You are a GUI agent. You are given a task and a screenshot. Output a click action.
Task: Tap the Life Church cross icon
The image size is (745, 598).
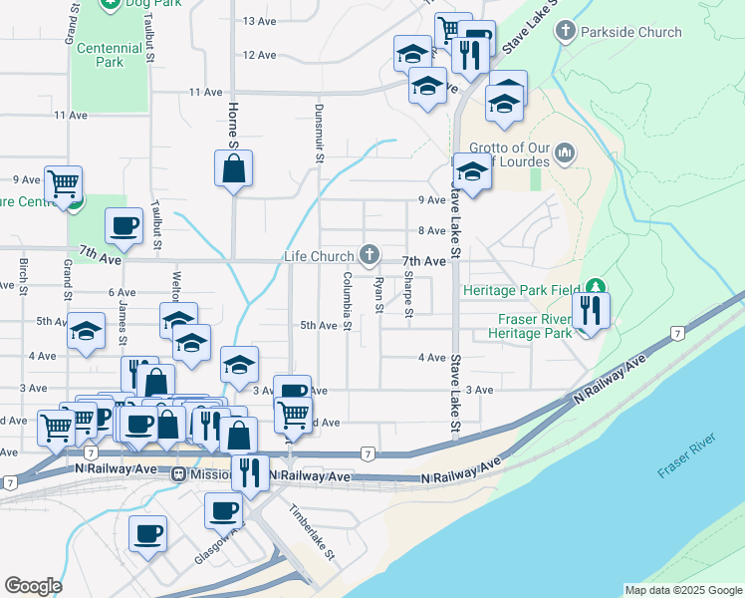click(370, 256)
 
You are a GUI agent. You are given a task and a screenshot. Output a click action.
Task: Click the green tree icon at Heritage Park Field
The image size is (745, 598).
click(596, 289)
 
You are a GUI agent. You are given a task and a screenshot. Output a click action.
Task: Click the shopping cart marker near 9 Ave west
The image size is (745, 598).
click(64, 183)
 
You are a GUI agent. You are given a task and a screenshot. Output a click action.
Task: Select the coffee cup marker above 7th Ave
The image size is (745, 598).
click(124, 226)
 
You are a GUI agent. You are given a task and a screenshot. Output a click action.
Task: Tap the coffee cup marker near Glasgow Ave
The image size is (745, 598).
click(148, 533)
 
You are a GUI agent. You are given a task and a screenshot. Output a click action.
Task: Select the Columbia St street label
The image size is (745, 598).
click(348, 300)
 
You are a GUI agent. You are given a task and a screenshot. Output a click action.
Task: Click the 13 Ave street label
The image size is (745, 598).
click(259, 21)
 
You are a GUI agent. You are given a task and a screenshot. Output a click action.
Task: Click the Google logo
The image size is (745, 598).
click(33, 586)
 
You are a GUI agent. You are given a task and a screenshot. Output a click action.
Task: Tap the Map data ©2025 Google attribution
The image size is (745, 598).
click(682, 590)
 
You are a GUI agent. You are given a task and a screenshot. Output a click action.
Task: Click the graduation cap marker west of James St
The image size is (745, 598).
click(87, 332)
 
